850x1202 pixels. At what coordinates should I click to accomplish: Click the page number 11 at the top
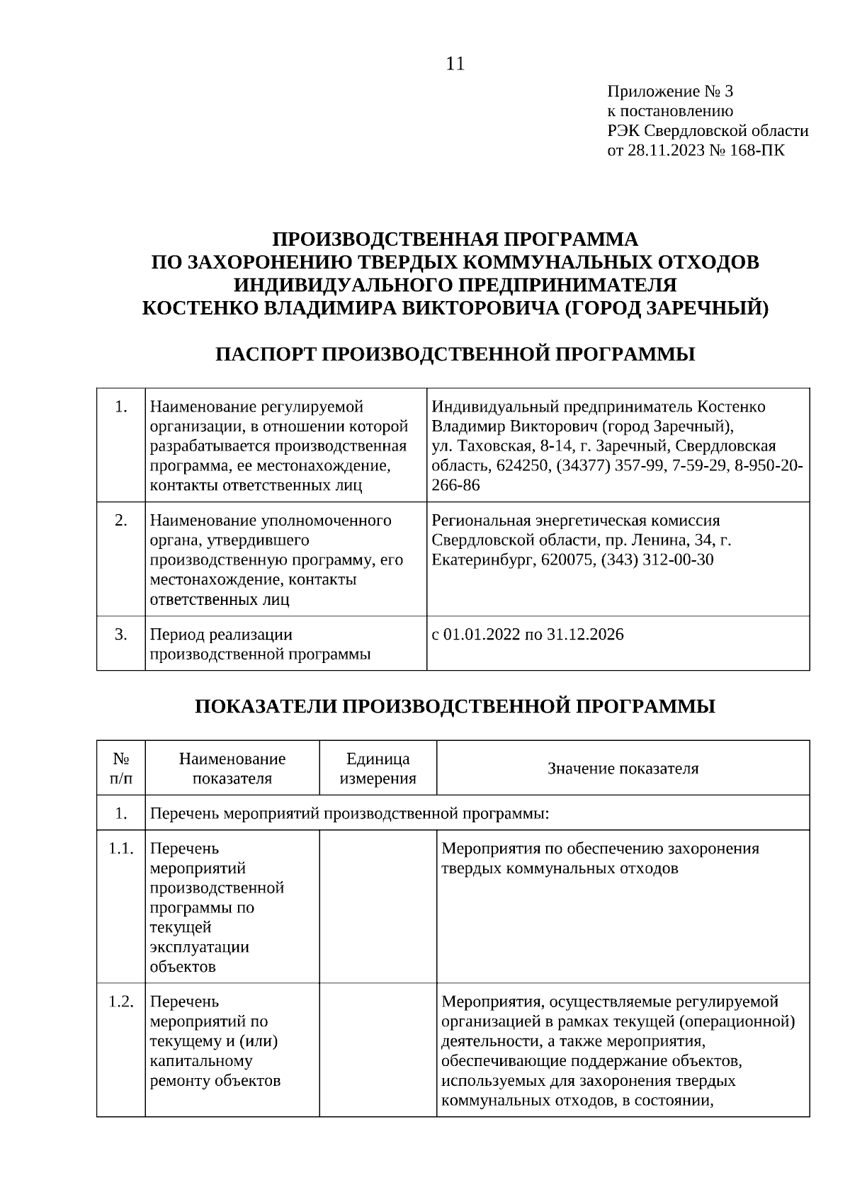455,64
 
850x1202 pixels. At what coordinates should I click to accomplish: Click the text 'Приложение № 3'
670,91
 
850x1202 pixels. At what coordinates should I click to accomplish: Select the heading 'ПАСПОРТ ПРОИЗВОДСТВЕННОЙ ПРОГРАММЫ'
455,354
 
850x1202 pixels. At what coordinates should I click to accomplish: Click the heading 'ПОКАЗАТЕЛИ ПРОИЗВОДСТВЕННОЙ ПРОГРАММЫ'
455,706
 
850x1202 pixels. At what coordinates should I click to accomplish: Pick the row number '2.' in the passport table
121,520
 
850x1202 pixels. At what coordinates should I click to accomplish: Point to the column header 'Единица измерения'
378,769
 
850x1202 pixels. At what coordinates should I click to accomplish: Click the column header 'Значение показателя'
623,769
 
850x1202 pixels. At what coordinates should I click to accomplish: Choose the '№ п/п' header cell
121,769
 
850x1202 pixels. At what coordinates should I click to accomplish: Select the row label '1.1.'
121,849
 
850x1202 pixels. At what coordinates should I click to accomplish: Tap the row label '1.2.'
121,1002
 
